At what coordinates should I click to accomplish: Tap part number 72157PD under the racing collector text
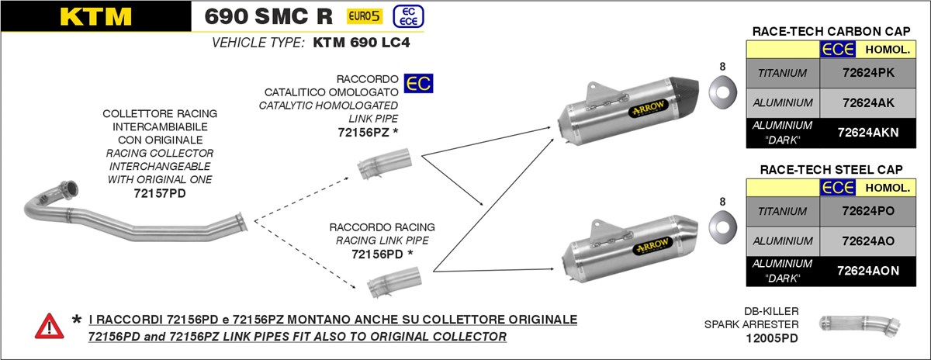pos(159,192)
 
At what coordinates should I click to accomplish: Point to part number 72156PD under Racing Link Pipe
pos(376,254)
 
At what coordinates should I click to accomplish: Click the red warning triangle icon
pos(49,326)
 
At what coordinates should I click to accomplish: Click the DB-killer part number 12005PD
pos(771,338)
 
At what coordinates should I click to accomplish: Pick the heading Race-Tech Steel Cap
pos(831,169)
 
